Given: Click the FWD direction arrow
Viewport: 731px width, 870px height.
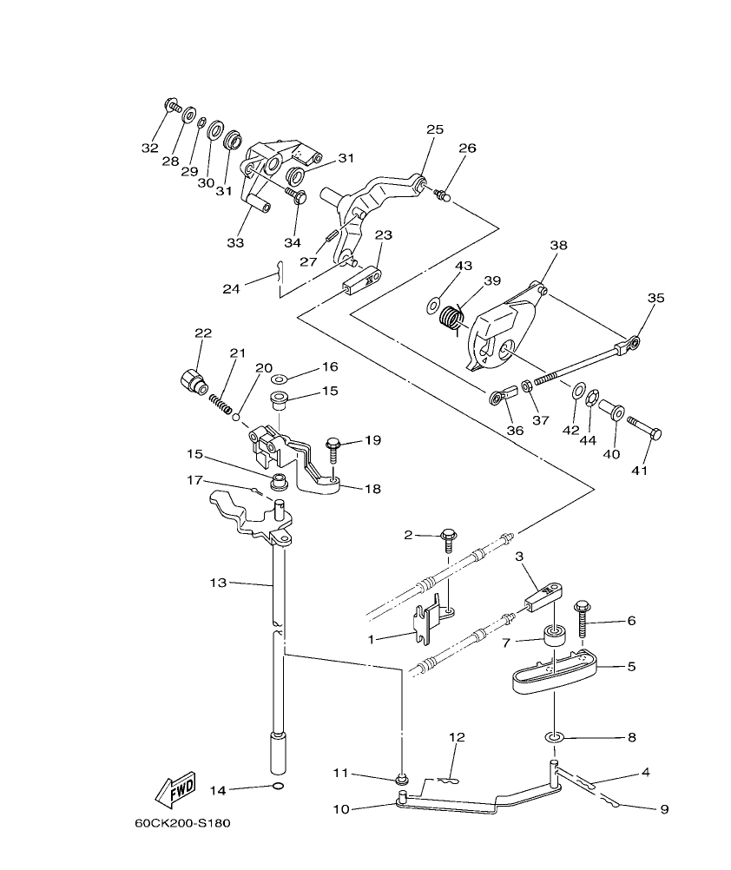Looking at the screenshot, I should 175,788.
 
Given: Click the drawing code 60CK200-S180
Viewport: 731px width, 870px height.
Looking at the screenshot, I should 182,823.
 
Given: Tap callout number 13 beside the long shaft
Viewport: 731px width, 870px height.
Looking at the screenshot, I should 218,583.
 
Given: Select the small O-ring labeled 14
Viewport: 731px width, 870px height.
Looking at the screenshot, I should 276,788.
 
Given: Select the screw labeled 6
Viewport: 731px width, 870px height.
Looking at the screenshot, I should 578,619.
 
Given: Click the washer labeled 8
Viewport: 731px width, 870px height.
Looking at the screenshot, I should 554,737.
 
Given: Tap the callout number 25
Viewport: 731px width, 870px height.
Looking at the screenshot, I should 434,129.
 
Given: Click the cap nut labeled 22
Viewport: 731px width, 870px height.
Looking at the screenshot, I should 191,379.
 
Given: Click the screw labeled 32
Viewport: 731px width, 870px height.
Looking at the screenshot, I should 172,108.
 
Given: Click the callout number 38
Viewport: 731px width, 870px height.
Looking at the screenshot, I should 557,246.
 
